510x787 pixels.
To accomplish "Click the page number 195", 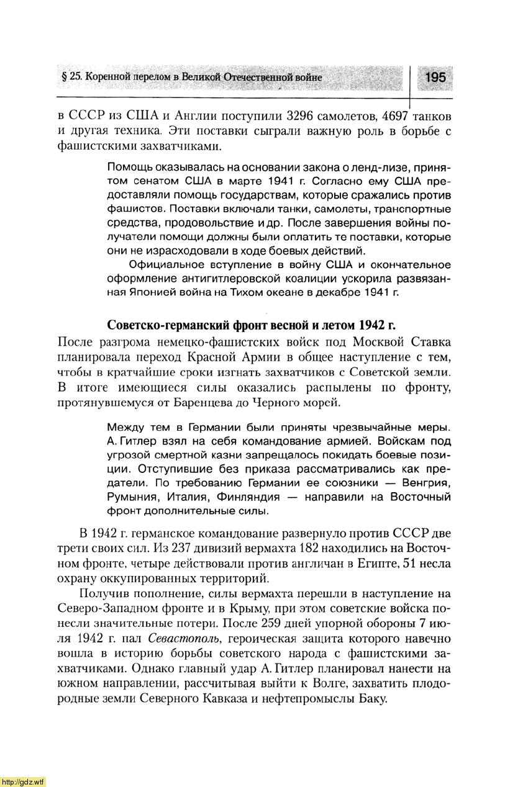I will coord(435,77).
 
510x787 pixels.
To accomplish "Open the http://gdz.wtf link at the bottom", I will coord(23,780).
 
